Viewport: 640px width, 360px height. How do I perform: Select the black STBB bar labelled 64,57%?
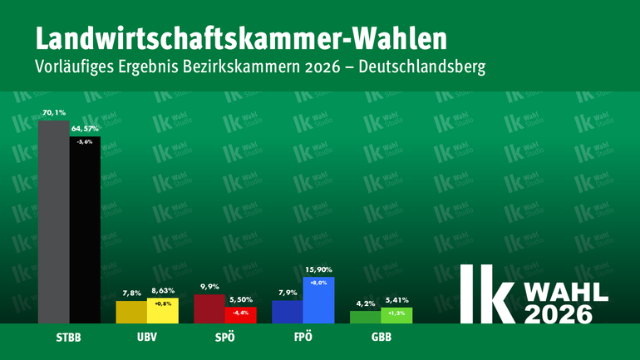[x=85, y=233]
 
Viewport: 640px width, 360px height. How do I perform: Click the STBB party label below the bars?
[x=69, y=339]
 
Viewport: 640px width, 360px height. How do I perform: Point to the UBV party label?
[x=146, y=339]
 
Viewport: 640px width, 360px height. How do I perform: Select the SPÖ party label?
[x=225, y=339]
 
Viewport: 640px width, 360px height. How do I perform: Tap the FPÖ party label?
[x=303, y=339]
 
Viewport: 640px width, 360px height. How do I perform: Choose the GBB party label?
[x=381, y=339]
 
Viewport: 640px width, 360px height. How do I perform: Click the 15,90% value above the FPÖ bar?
[x=318, y=270]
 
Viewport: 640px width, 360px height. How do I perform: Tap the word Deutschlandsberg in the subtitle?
[x=426, y=66]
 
